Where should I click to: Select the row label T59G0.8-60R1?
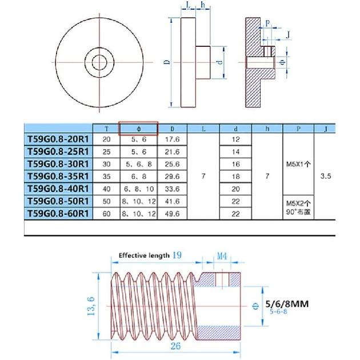(58, 214)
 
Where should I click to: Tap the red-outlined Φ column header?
(138, 129)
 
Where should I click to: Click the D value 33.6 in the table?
(172, 189)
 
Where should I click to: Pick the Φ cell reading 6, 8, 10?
(138, 189)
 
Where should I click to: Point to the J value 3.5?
(326, 177)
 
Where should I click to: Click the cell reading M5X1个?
(299, 165)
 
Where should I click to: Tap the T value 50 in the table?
(106, 202)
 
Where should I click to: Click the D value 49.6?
(172, 214)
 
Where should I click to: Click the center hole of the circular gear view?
(99, 61)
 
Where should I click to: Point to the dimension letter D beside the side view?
(167, 62)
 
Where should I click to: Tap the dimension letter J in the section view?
(287, 34)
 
